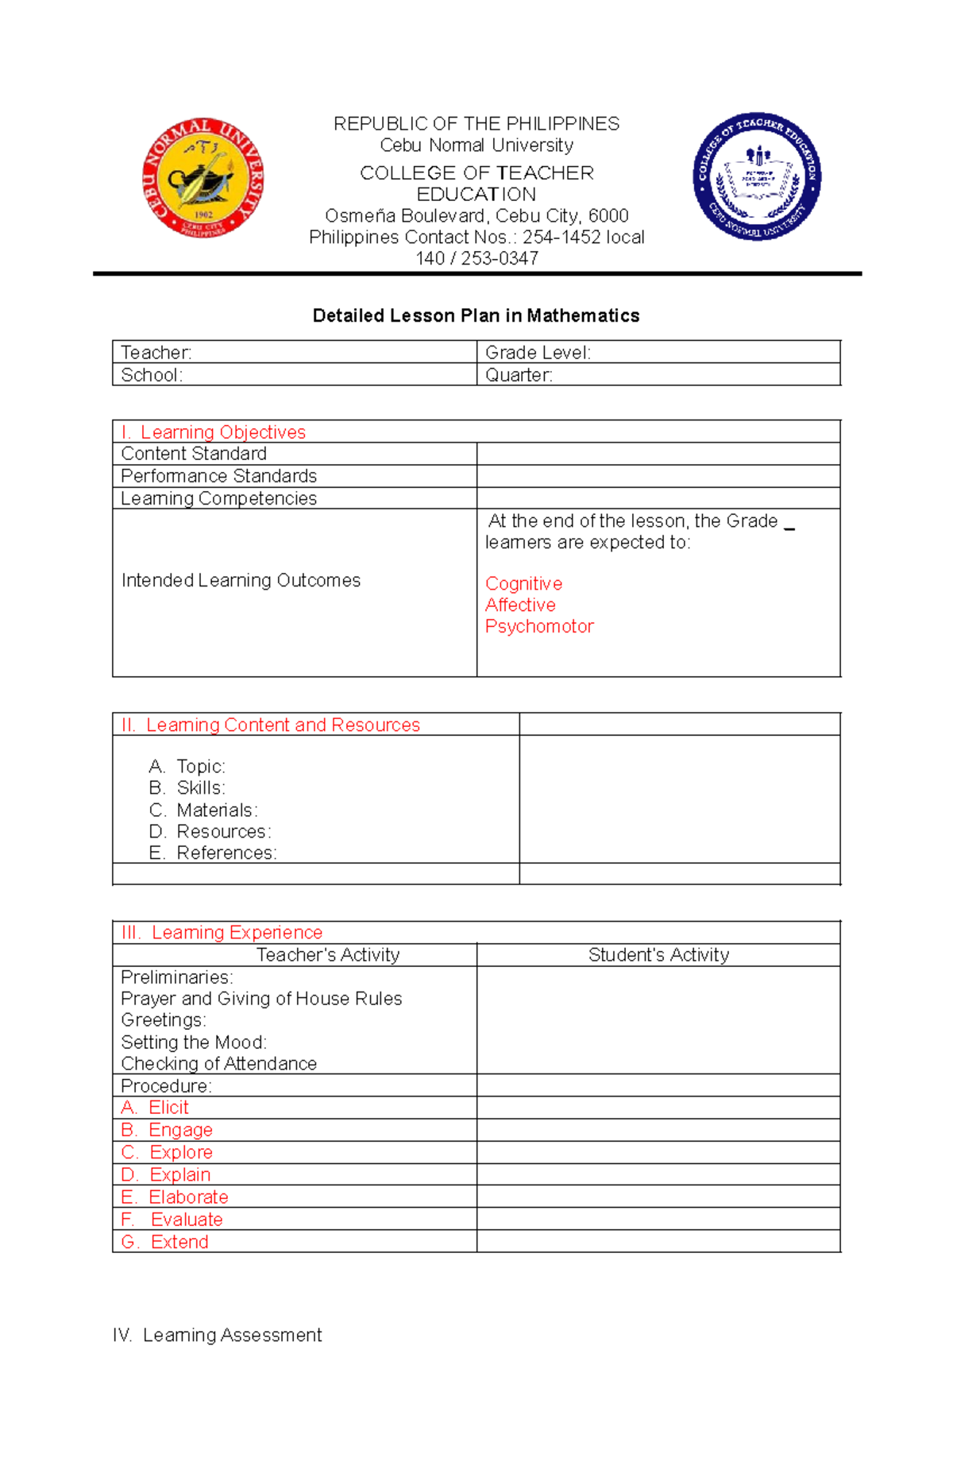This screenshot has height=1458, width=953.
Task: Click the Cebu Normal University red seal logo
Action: pyautogui.click(x=203, y=178)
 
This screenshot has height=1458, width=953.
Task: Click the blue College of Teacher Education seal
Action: pyautogui.click(x=757, y=176)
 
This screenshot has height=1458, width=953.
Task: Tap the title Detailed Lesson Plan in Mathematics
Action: pyautogui.click(x=476, y=315)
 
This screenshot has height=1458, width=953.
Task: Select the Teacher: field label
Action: pyautogui.click(x=156, y=353)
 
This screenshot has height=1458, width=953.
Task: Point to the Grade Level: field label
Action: pyautogui.click(x=538, y=353)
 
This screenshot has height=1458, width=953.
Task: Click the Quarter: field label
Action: pyautogui.click(x=519, y=375)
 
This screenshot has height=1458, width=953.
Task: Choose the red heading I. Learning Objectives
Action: pyautogui.click(x=213, y=432)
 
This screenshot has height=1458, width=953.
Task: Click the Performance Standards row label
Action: pyautogui.click(x=218, y=476)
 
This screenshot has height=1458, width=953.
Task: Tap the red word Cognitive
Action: pyautogui.click(x=523, y=584)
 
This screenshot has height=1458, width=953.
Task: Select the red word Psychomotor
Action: pyautogui.click(x=539, y=627)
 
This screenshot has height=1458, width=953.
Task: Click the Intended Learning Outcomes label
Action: pyautogui.click(x=241, y=581)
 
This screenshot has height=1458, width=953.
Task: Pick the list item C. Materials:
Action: pyautogui.click(x=203, y=810)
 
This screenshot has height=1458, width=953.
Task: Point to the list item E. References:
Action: pyautogui.click(x=213, y=853)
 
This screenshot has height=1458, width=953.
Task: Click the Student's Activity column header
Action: pyautogui.click(x=658, y=955)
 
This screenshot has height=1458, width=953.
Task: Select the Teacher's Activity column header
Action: pyautogui.click(x=328, y=955)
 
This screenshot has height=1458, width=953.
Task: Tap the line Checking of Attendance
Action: pyautogui.click(x=218, y=1064)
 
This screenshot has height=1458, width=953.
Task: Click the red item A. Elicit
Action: pyautogui.click(x=155, y=1108)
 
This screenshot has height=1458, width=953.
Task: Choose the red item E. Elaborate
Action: pyautogui.click(x=175, y=1197)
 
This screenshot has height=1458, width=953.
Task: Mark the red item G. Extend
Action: pyautogui.click(x=165, y=1242)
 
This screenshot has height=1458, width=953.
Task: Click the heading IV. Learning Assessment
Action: pyautogui.click(x=217, y=1336)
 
